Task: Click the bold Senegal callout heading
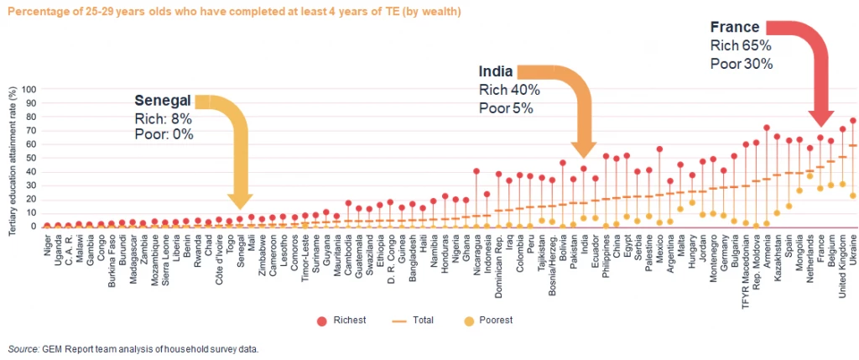pyautogui.click(x=164, y=101)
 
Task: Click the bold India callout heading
pyautogui.click(x=496, y=71)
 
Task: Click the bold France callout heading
pyautogui.click(x=734, y=28)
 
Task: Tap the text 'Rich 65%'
pyautogui.click(x=741, y=45)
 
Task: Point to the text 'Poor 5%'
pyautogui.click(x=506, y=107)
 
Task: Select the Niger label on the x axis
pyautogui.click(x=47, y=243)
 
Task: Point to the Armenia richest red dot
pyautogui.click(x=767, y=128)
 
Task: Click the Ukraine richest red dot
pyautogui.click(x=853, y=121)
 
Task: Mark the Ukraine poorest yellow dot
pyautogui.click(x=853, y=196)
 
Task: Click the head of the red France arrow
pyautogui.click(x=820, y=122)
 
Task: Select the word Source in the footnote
pyautogui.click(x=22, y=348)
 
